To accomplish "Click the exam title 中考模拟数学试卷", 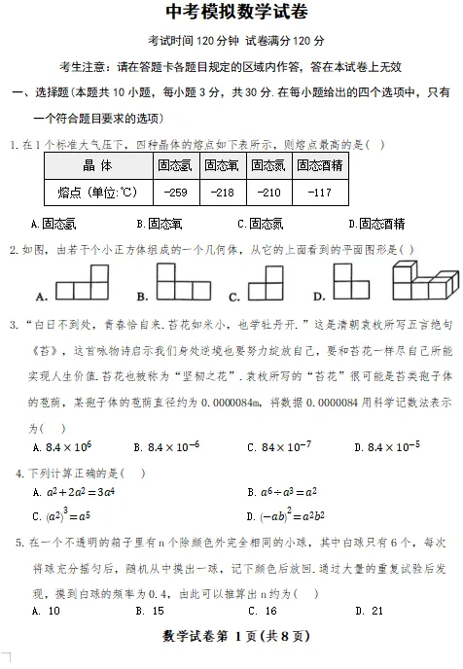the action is (x=231, y=13).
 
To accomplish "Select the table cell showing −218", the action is (x=223, y=193).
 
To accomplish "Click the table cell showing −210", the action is (x=269, y=193).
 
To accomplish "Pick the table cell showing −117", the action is (x=320, y=193).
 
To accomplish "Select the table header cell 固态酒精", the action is (x=320, y=165).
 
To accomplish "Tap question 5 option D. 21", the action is (x=370, y=611).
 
